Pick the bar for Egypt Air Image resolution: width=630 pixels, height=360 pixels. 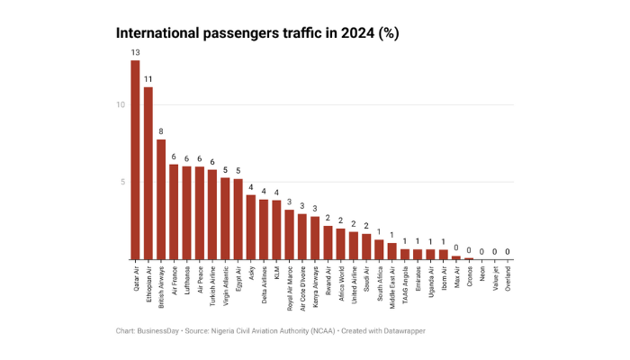[238, 220]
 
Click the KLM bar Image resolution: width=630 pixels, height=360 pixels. [276, 230]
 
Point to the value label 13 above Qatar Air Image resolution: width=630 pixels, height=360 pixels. [135, 52]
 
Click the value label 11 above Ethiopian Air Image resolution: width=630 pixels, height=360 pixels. [148, 79]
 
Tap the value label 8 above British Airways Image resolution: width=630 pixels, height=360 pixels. [161, 131]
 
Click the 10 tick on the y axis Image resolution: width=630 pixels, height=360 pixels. [120, 104]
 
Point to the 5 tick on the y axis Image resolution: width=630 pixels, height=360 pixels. [121, 183]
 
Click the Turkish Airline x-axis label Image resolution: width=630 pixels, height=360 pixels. [212, 282]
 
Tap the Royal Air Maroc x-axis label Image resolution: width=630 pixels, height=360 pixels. [289, 283]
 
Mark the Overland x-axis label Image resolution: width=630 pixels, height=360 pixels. [508, 276]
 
